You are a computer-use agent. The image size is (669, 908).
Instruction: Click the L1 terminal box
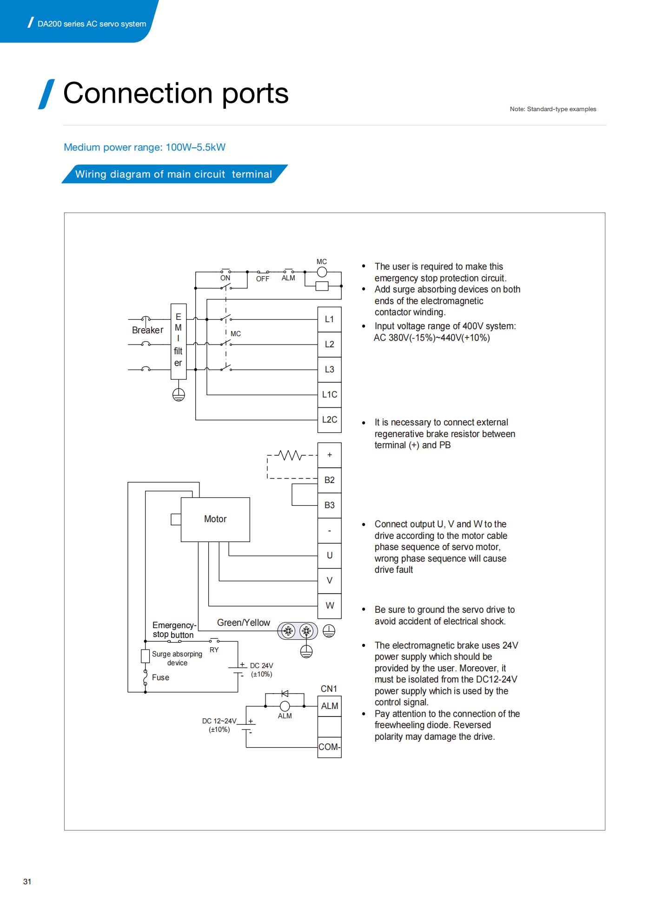pyautogui.click(x=329, y=319)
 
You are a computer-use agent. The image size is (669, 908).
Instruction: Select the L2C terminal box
pyautogui.click(x=329, y=419)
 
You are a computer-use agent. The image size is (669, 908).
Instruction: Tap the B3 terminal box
pyautogui.click(x=329, y=505)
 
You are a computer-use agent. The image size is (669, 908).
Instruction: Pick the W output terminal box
pyautogui.click(x=329, y=605)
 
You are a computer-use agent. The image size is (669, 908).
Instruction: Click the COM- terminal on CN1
pyautogui.click(x=329, y=747)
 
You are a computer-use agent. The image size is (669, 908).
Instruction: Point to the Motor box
pyautogui.click(x=215, y=519)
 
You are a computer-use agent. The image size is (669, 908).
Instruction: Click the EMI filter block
pyautogui.click(x=179, y=341)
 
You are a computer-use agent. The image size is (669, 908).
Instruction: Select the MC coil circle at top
pyautogui.click(x=322, y=272)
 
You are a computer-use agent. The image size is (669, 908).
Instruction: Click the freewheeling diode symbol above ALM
pyautogui.click(x=285, y=694)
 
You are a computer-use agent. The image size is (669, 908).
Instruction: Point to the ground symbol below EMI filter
pyautogui.click(x=179, y=395)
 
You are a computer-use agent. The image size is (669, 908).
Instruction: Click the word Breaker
pyautogui.click(x=147, y=330)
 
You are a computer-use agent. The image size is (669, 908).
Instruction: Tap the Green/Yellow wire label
pyautogui.click(x=244, y=623)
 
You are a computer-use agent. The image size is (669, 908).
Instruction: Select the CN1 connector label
pyautogui.click(x=329, y=689)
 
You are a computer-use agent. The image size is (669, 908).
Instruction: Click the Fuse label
pyautogui.click(x=160, y=677)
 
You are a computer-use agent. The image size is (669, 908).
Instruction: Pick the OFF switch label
pyautogui.click(x=263, y=279)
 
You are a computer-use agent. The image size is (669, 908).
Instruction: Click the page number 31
pyautogui.click(x=27, y=881)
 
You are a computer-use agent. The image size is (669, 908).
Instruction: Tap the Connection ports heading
pyautogui.click(x=176, y=93)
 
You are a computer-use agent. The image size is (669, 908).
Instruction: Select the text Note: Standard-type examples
pyautogui.click(x=553, y=109)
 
